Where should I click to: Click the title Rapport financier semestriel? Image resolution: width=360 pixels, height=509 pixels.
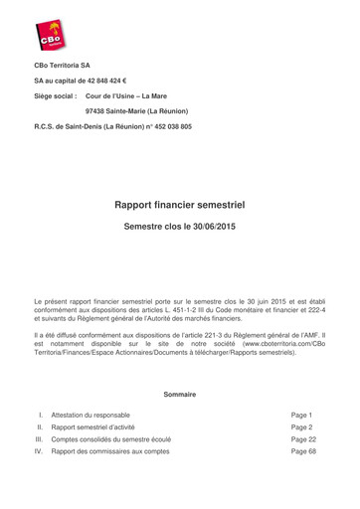[179, 206]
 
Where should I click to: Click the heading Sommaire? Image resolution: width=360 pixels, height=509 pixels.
[179, 395]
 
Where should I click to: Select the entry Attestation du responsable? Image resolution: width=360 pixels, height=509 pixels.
[90, 415]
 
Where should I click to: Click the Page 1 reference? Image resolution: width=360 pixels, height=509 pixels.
[301, 415]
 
